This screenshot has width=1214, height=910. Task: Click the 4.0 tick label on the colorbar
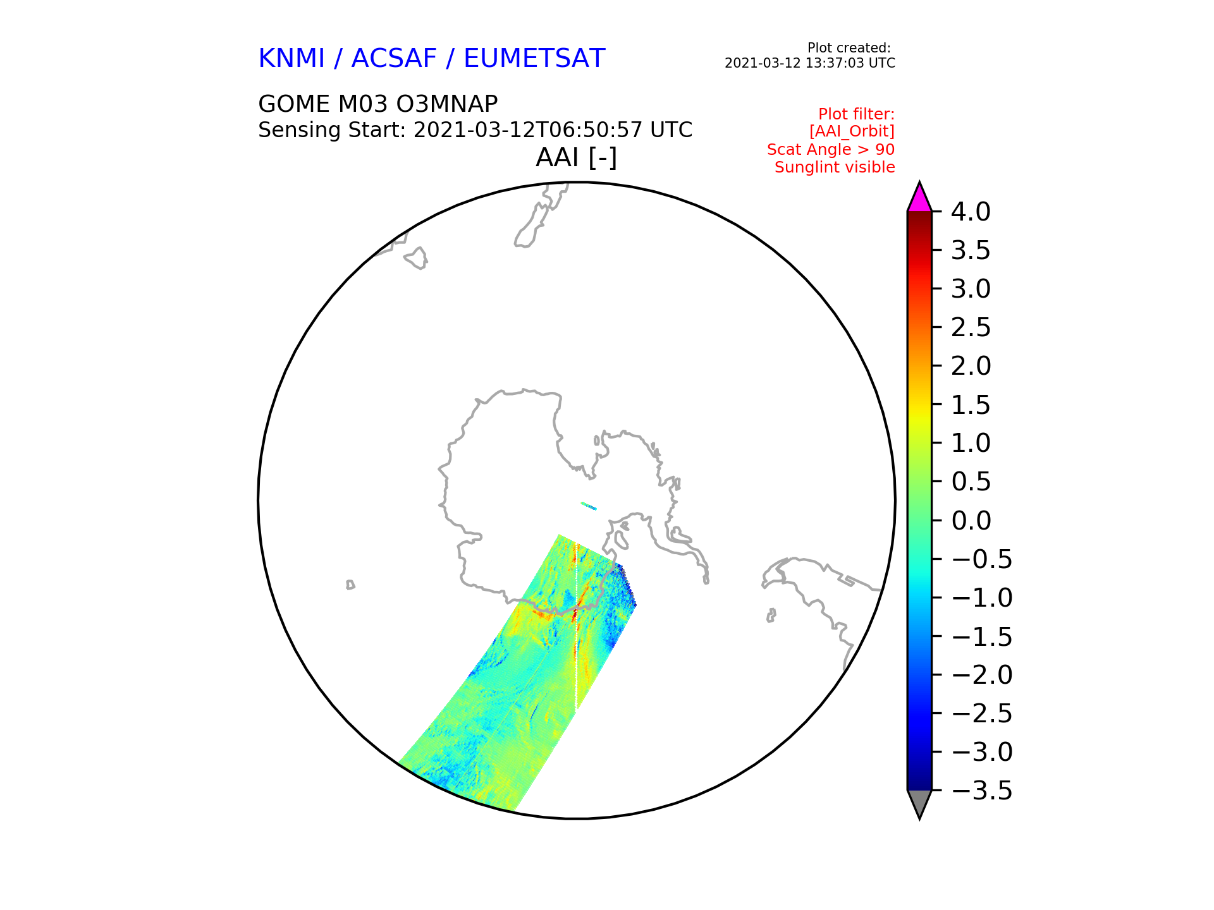(971, 212)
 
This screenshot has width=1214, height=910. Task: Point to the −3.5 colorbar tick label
(982, 791)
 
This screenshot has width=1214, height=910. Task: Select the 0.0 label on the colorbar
(971, 521)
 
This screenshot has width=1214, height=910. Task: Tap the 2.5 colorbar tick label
(971, 327)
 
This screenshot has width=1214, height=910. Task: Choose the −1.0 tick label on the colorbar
(982, 598)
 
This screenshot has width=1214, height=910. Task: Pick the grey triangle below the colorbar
(919, 803)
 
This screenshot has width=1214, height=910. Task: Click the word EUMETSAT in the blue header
(534, 58)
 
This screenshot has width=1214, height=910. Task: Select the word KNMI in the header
(291, 58)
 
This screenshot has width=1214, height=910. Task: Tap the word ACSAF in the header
(394, 58)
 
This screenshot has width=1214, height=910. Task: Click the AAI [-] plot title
(576, 157)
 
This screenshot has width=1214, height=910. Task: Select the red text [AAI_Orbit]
(852, 131)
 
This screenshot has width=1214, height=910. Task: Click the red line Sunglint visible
(835, 167)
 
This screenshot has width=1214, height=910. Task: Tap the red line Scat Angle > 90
(831, 150)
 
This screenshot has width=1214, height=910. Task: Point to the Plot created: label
(849, 48)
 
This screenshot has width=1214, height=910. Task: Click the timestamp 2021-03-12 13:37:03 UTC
(810, 63)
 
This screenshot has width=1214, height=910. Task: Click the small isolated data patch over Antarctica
(589, 506)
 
